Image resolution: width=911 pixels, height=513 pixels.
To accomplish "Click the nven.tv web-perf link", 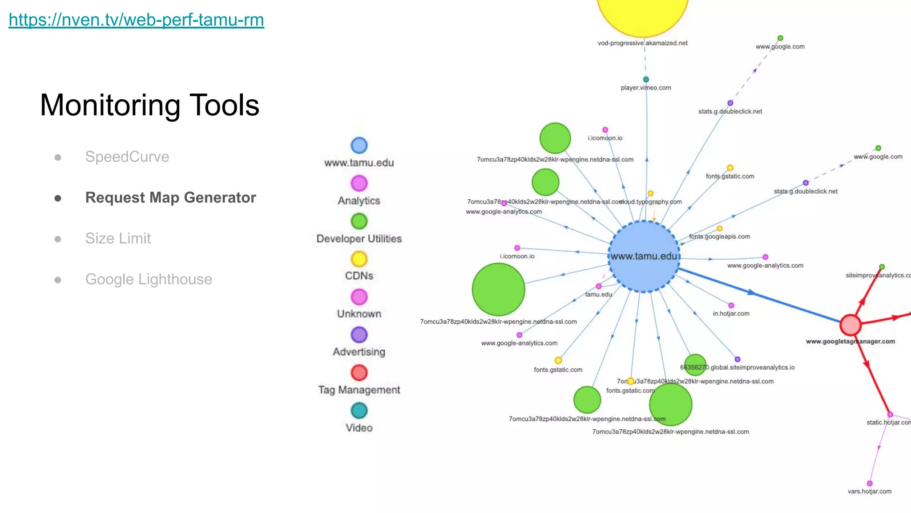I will click(136, 20).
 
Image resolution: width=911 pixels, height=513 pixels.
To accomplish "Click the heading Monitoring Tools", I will click(149, 106).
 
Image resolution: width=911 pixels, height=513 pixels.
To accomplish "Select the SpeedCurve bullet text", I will click(127, 157).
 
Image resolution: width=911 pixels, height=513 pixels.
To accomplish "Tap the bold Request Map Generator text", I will click(170, 198).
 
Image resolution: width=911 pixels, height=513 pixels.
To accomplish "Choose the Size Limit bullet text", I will click(118, 238).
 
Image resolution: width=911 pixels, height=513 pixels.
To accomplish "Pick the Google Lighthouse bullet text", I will click(149, 279).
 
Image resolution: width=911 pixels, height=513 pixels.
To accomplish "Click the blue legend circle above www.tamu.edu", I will click(359, 145).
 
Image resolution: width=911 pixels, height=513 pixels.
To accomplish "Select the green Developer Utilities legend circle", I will click(359, 221).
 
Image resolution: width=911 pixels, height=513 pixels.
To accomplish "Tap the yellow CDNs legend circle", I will click(359, 259).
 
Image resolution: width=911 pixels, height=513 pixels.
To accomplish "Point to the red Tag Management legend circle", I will click(359, 373).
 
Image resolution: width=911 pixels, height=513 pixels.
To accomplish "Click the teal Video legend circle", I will click(359, 411).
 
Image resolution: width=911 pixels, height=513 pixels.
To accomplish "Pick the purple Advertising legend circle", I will click(359, 335).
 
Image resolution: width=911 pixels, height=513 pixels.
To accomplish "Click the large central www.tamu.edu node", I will click(644, 256).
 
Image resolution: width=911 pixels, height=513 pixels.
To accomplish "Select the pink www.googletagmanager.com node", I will click(850, 325).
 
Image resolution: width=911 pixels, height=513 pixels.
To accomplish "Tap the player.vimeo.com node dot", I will click(646, 79).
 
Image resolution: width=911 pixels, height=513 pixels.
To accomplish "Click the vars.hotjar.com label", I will click(869, 491).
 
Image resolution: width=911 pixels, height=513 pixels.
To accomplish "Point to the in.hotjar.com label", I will click(731, 313).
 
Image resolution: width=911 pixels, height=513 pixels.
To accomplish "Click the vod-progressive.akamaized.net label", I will click(642, 43).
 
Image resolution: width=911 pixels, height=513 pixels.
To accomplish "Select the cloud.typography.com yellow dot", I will click(650, 193).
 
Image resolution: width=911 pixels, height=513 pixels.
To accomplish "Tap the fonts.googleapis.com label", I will click(719, 236).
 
